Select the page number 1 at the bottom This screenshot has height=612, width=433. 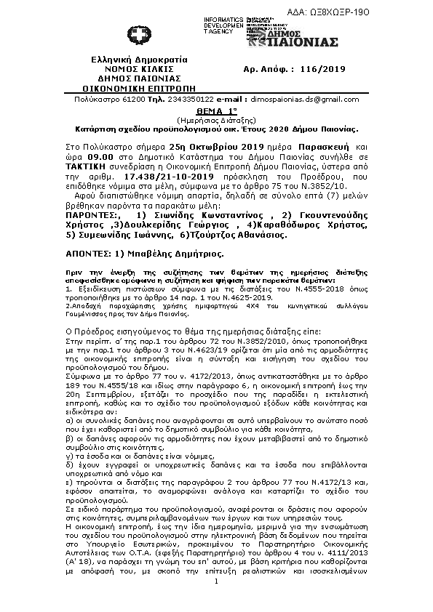pyautogui.click(x=217, y=582)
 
